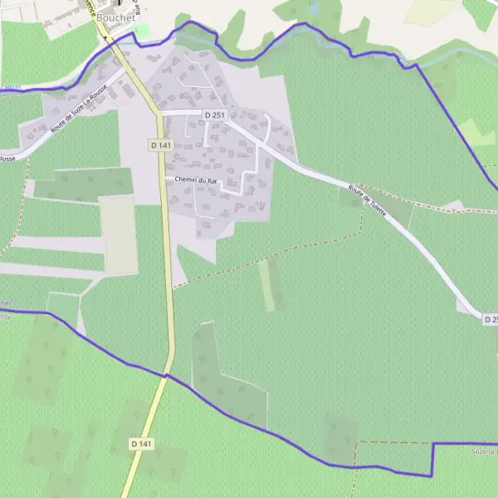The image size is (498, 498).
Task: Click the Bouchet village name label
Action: tap(115, 17)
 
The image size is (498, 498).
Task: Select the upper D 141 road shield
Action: tap(160, 144)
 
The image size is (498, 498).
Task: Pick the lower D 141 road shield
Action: tap(141, 444)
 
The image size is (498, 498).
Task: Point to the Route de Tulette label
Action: tap(368, 199)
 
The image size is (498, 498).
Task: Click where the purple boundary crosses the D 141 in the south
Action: tap(166, 375)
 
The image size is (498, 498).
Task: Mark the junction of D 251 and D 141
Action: tap(160, 111)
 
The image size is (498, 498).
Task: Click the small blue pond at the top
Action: tap(314, 7)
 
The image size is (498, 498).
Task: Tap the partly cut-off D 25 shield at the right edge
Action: tap(490, 320)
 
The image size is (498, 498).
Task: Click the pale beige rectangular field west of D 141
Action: tap(120, 235)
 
